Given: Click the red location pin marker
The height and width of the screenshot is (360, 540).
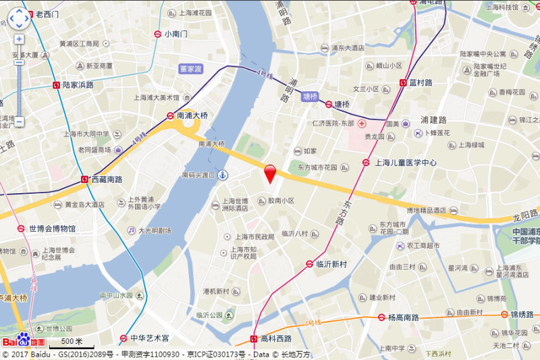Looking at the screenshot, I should [270, 173].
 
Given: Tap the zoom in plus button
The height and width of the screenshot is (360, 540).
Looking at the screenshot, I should [19, 39].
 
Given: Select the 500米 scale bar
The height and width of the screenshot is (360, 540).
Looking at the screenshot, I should [67, 342].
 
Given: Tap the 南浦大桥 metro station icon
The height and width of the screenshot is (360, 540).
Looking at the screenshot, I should [171, 115].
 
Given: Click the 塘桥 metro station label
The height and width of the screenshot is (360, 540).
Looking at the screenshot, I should [342, 105].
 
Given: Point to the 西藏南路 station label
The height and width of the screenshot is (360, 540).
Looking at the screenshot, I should [107, 180].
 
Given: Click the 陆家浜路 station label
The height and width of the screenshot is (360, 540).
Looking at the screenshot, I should [78, 85].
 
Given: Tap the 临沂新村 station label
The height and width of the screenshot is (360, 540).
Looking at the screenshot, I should [331, 264].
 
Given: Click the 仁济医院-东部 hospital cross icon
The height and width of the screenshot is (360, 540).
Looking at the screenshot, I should [362, 124].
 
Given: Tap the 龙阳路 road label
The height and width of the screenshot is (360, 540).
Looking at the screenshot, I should [524, 217].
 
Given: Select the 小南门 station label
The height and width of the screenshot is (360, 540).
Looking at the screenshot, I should [175, 34].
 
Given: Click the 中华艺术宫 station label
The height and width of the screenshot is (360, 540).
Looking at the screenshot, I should [149, 338].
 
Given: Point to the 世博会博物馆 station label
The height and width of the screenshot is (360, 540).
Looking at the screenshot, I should [53, 228].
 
